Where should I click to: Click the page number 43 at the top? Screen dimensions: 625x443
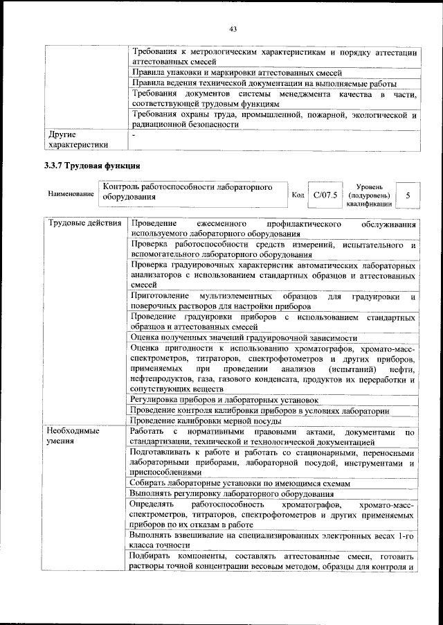[233, 28]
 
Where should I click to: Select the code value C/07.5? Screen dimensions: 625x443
[325, 195]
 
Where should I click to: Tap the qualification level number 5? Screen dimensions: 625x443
[408, 195]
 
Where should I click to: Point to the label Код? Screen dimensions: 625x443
[298, 195]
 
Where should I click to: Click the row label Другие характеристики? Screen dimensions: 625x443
[76, 140]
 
